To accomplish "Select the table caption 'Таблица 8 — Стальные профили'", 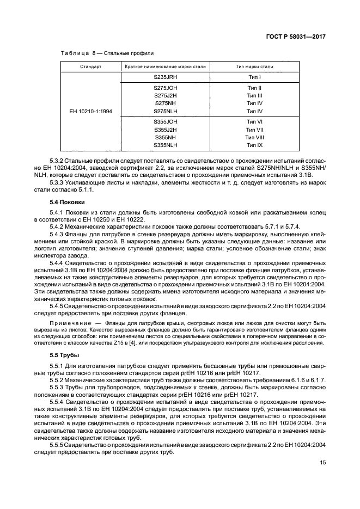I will pos(103,53).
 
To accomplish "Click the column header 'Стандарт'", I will pos(90,66).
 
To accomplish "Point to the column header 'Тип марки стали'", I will pos(254,66).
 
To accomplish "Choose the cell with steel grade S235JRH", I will pos(165,77).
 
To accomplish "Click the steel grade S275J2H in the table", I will pos(165,95).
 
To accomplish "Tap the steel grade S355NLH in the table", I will pos(165,145).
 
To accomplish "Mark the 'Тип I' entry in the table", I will pos(254,77).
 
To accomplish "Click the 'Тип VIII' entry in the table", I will pos(254,138).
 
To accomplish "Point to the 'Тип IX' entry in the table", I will pos(254,145).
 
